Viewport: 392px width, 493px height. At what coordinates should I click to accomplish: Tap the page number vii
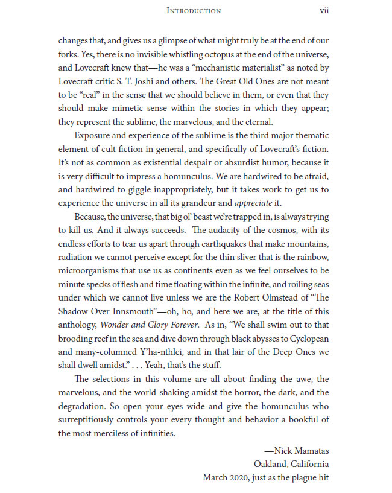(324, 10)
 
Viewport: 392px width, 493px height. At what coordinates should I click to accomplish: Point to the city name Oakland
(271, 463)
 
